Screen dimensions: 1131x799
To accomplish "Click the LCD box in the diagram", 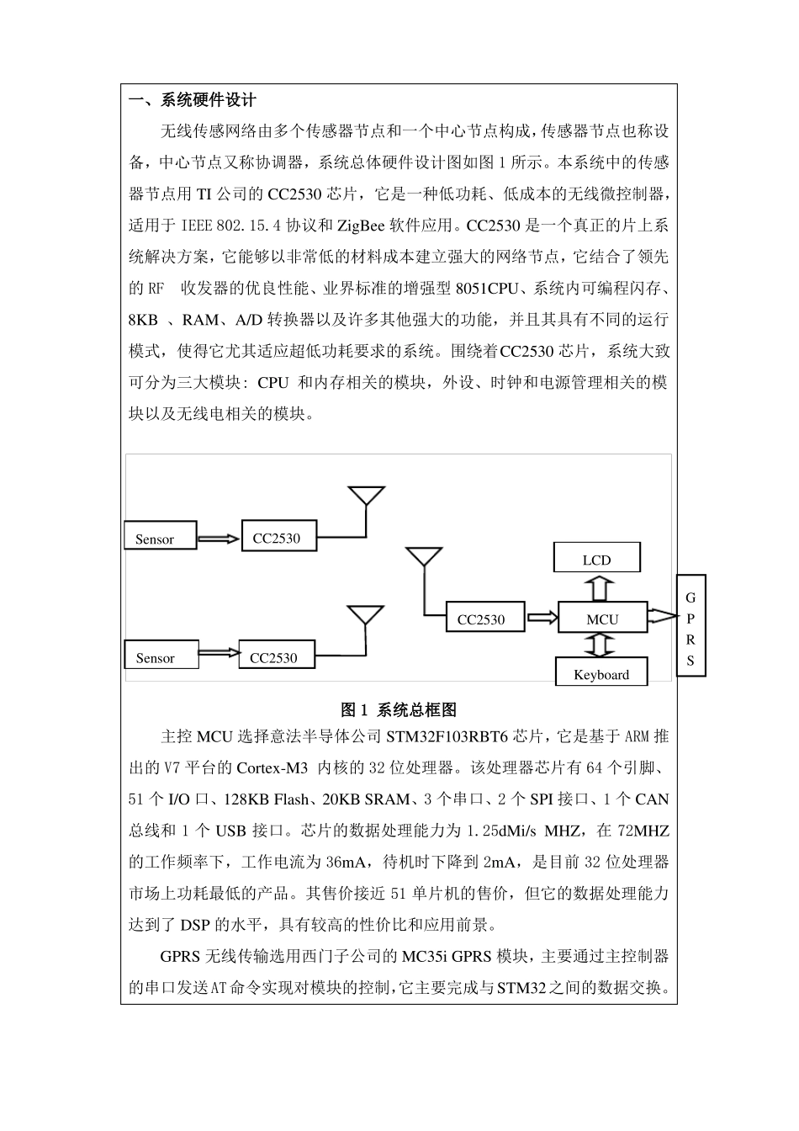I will (x=596, y=559).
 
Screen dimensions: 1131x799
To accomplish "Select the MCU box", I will (x=602, y=619).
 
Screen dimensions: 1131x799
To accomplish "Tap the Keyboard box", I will (x=602, y=673).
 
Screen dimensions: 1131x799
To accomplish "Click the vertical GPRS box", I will (x=691, y=626).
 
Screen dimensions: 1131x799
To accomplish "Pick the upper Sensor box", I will (x=160, y=537).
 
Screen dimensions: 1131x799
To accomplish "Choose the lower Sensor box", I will (x=161, y=656).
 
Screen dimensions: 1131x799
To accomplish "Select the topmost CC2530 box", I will (x=278, y=537).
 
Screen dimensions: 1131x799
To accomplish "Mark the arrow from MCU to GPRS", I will (x=662, y=618).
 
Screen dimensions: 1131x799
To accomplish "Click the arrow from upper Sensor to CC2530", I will (x=219, y=538).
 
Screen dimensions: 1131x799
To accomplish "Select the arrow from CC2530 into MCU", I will (x=542, y=619).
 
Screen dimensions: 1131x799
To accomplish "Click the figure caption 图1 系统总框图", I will (x=399, y=709).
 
